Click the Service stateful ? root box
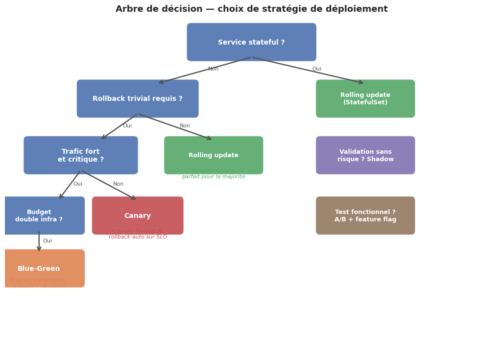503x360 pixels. [251, 42]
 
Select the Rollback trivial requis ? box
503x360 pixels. [138, 98]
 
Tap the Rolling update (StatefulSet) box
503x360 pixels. [365, 98]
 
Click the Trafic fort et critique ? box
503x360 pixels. [81, 155]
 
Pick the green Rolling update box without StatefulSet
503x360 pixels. [214, 155]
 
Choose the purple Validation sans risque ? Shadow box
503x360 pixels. [365, 155]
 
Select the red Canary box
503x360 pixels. [138, 216]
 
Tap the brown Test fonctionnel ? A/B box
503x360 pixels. [365, 216]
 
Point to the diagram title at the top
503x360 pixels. [251, 9]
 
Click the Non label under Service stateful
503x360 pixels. [213, 69]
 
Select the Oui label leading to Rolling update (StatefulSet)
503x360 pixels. [317, 69]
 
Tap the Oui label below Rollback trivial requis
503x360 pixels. [127, 126]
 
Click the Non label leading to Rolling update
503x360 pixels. [185, 126]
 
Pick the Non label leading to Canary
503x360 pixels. [119, 184]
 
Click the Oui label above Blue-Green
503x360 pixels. [48, 241]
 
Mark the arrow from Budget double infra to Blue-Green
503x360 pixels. [39, 242]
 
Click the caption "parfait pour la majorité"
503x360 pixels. [214, 177]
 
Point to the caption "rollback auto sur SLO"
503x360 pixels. [138, 237]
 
